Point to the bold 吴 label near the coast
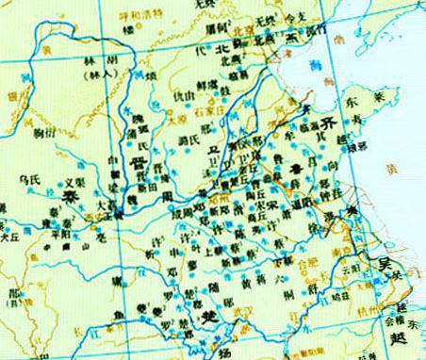[x=385, y=265]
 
